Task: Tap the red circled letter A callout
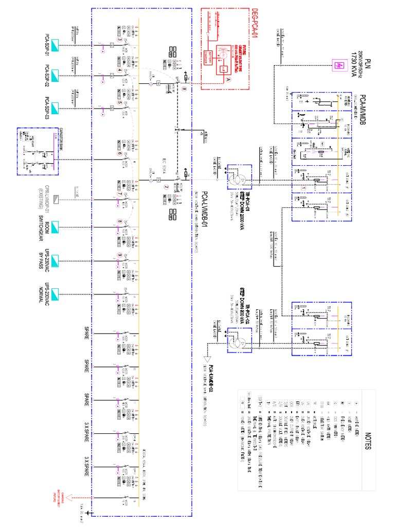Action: (x=228, y=80)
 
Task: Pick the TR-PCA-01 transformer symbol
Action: (x=237, y=180)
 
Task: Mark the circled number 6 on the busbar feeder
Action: (x=119, y=153)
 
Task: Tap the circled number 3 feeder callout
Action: (x=119, y=39)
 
